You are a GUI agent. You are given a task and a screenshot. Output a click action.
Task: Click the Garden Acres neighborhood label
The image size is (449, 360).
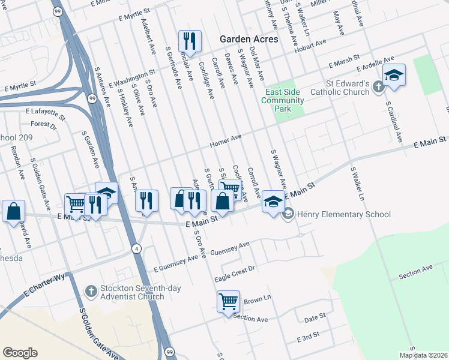click(x=249, y=38)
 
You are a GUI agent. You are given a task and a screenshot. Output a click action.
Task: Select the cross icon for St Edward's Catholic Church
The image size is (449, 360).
click(x=378, y=87)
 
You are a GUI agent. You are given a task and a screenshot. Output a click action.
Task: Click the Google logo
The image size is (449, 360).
click(x=20, y=353)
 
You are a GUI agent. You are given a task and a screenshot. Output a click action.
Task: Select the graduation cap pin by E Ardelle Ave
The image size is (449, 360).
click(x=394, y=76)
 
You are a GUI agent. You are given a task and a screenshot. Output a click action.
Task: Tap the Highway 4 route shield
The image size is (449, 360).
click(x=137, y=248)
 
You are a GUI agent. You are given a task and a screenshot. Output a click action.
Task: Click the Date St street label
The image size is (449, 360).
click(x=315, y=316)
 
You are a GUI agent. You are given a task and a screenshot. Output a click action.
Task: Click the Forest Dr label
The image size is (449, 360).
click(x=43, y=125)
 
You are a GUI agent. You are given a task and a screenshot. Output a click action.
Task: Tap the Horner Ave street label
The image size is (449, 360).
click(x=225, y=142)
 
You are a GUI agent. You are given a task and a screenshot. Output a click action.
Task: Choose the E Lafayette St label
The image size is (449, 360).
click(x=45, y=112)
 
